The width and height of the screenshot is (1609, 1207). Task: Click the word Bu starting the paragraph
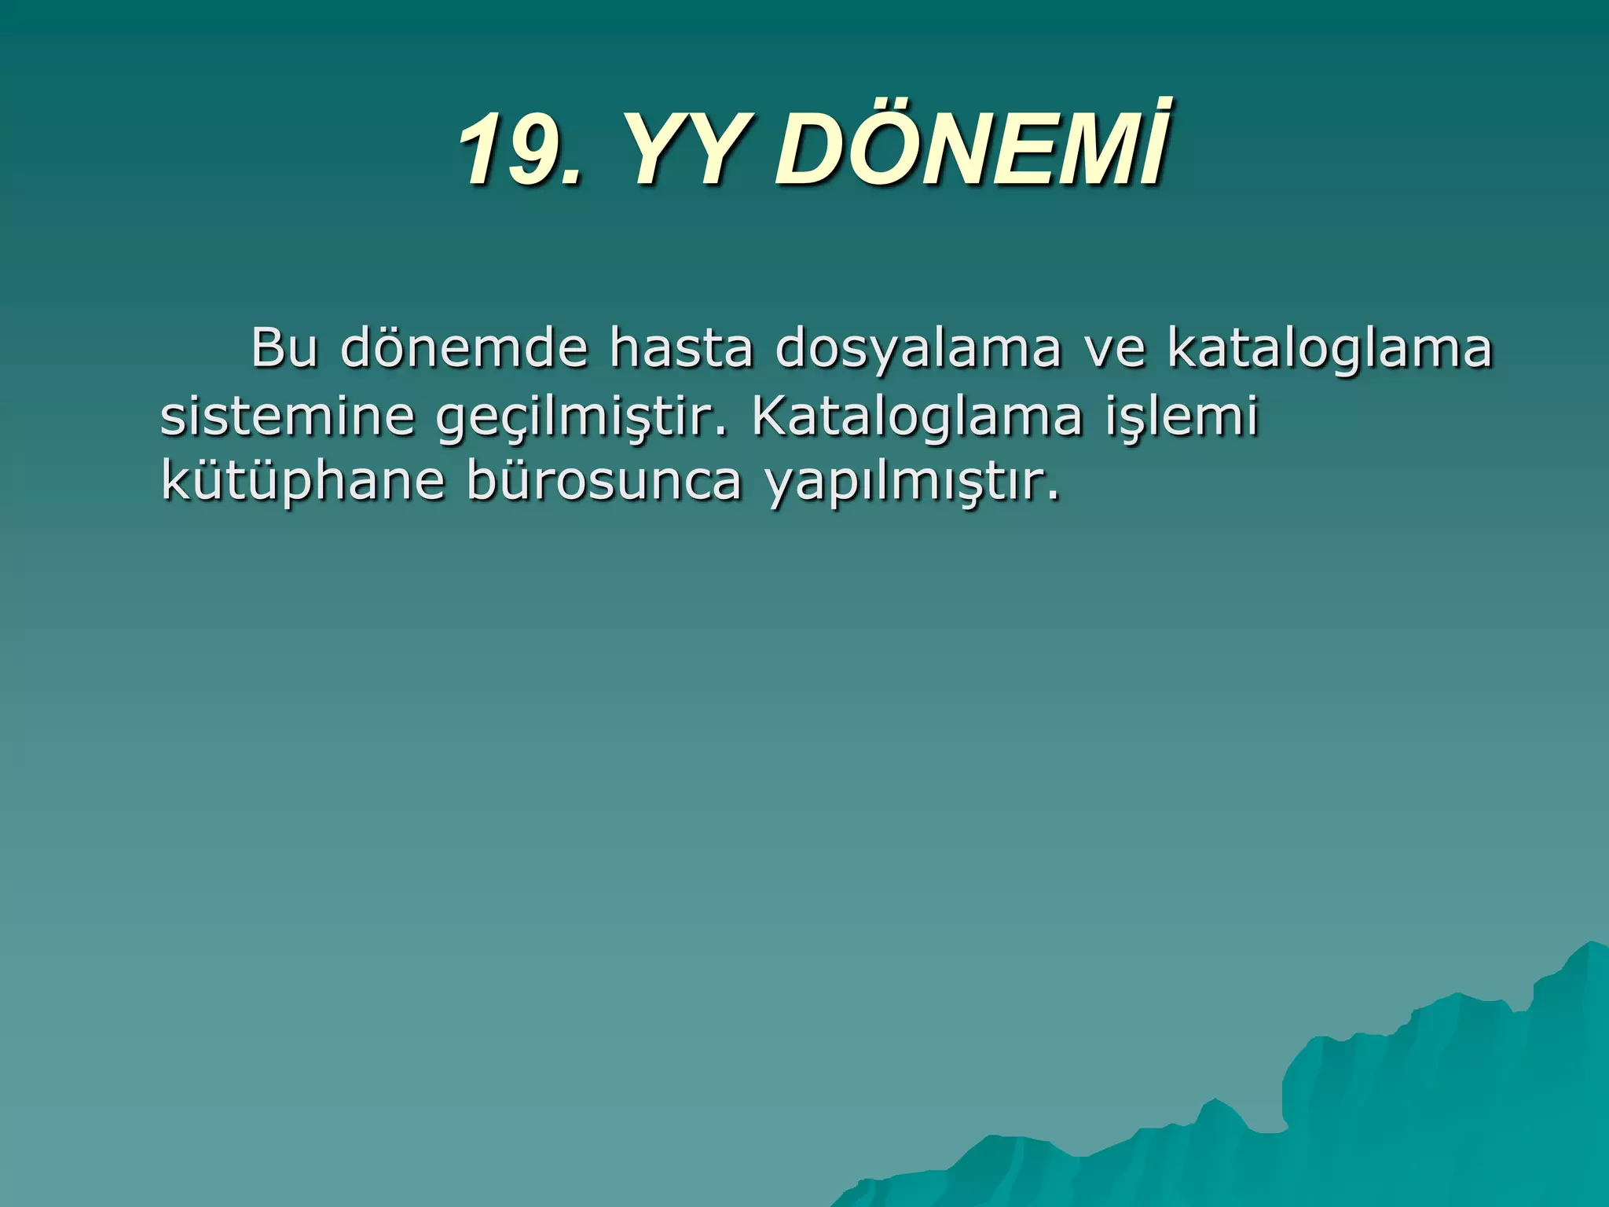(x=284, y=347)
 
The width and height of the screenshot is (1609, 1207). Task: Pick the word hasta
(x=681, y=347)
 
